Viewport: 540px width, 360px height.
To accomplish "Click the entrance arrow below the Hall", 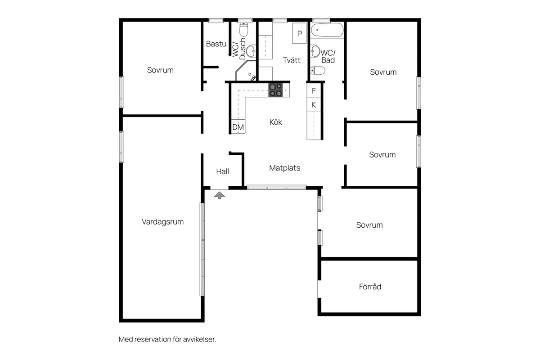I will coord(220,195).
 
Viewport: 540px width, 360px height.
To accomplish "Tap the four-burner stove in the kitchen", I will coord(276,90).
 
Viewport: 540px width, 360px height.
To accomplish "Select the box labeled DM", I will coord(238,127).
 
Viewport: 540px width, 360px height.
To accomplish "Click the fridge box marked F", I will coord(314,90).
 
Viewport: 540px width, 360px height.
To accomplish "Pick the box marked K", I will coord(314,104).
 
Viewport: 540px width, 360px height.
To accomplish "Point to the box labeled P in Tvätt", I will coord(299,33).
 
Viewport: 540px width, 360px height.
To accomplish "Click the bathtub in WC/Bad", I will coord(327,31).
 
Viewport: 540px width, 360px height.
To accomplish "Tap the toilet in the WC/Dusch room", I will coord(243,31).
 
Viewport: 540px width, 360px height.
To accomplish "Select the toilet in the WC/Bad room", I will coord(318,70).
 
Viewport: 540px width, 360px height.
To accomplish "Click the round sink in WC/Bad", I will coord(315,50).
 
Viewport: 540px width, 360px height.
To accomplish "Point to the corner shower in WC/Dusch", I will coord(246,72).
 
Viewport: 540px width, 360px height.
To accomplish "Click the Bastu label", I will coord(216,44).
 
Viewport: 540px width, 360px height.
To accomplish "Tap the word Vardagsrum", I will coord(162,221).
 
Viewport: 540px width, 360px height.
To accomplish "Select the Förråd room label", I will coord(370,286).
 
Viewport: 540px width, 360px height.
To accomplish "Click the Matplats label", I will coord(284,168).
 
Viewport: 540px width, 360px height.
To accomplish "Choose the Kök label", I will coord(276,122).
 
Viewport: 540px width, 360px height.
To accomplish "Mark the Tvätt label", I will coord(292,60).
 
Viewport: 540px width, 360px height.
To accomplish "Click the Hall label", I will coord(222,171).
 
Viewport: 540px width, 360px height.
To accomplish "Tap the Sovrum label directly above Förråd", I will coord(369,225).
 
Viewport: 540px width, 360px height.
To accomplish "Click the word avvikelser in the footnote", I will coord(201,339).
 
